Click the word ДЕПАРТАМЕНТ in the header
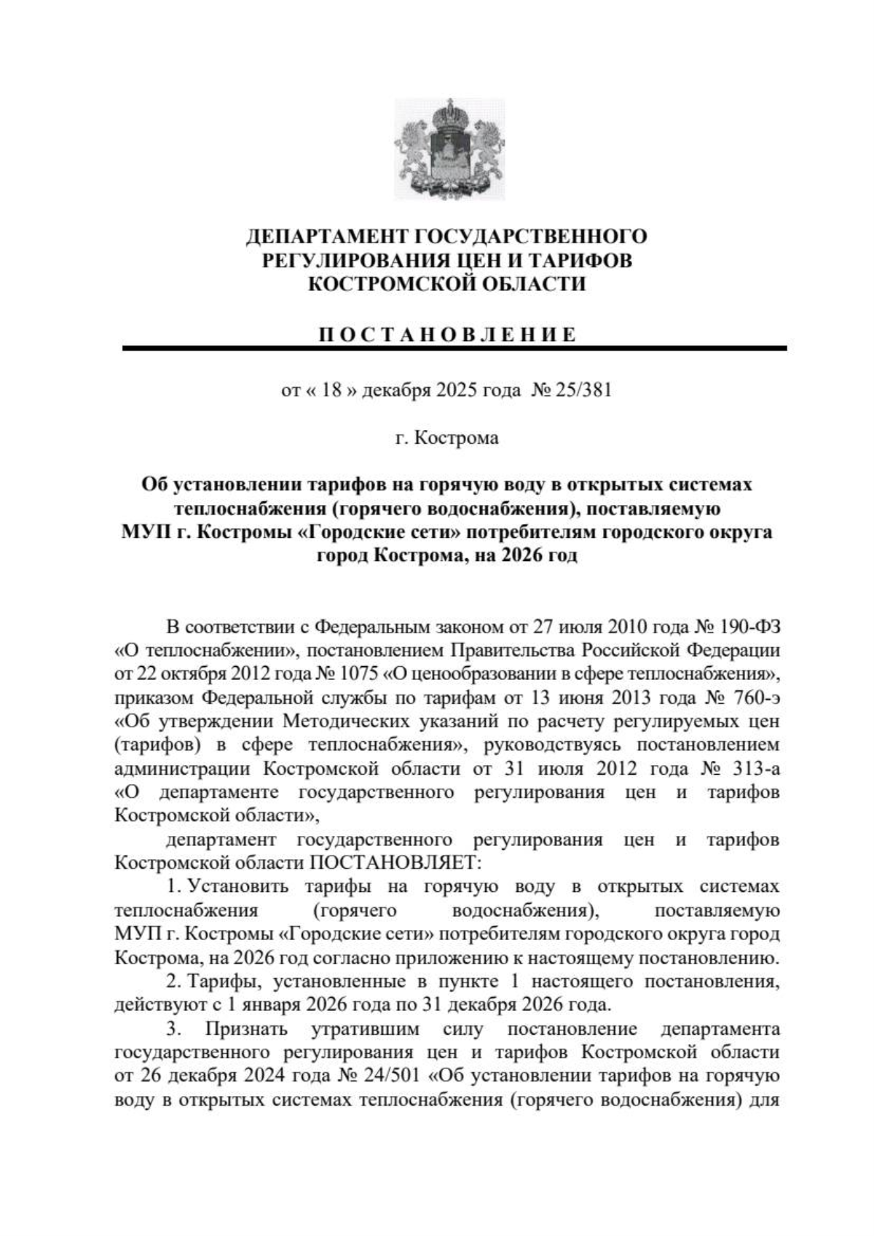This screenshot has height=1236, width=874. tap(327, 237)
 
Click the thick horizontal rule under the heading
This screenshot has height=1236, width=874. tap(454, 349)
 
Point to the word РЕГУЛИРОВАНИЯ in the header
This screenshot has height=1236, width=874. tap(350, 260)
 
